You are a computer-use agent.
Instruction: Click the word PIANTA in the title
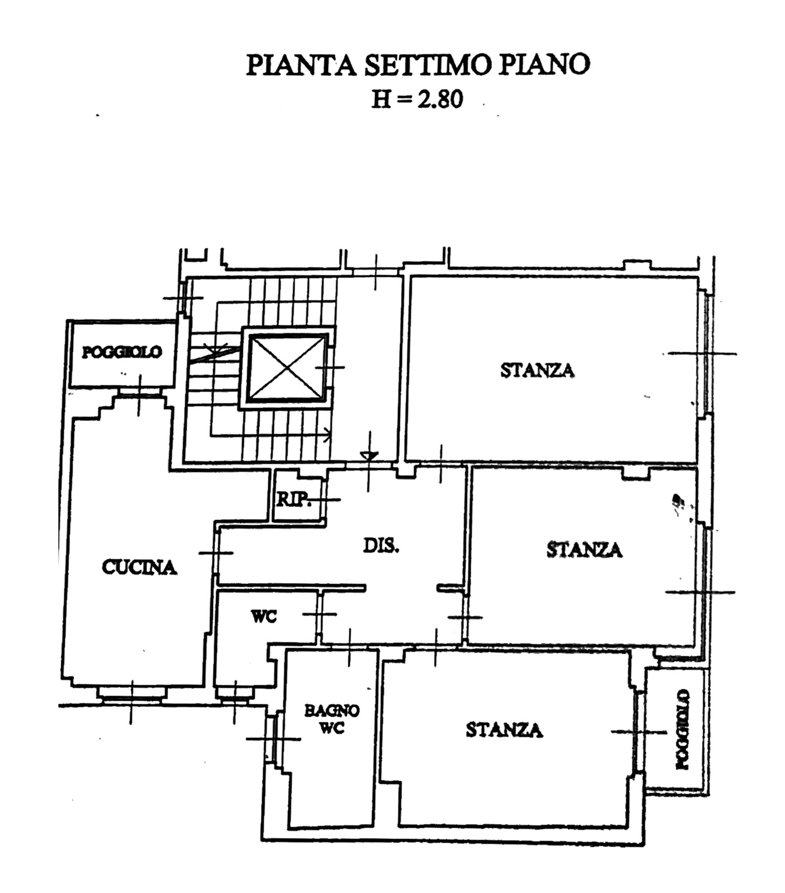301,65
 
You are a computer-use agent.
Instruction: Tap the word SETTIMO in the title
427,65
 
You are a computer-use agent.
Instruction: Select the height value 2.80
441,99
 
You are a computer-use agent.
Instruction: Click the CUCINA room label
139,567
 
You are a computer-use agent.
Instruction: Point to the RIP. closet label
294,499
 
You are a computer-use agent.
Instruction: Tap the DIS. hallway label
381,545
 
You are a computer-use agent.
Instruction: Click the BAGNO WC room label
332,719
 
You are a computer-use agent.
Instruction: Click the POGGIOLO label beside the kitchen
122,352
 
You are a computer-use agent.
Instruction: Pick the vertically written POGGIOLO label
682,729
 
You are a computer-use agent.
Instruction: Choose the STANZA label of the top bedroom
537,370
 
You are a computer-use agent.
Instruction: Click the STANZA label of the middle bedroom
584,550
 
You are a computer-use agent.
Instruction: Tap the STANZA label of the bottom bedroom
504,729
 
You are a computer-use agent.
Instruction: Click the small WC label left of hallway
264,617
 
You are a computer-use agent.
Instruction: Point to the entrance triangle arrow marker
369,456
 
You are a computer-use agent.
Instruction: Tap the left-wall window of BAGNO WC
274,738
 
